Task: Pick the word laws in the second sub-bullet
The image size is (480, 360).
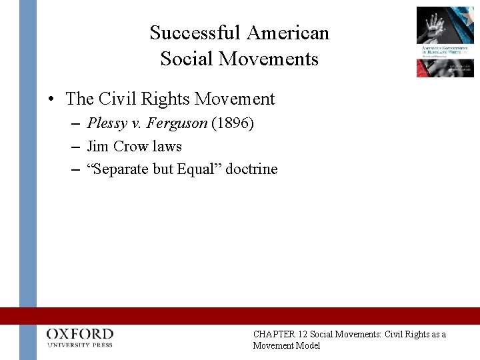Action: (x=167, y=146)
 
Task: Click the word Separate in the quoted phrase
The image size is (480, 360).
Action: (x=122, y=169)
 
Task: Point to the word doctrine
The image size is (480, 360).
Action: (x=251, y=169)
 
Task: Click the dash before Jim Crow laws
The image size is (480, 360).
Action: (x=75, y=147)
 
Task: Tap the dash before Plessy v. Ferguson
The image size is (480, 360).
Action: (x=75, y=124)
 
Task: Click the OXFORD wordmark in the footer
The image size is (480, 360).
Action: (x=80, y=333)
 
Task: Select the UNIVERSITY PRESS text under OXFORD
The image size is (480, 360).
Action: (x=80, y=345)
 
